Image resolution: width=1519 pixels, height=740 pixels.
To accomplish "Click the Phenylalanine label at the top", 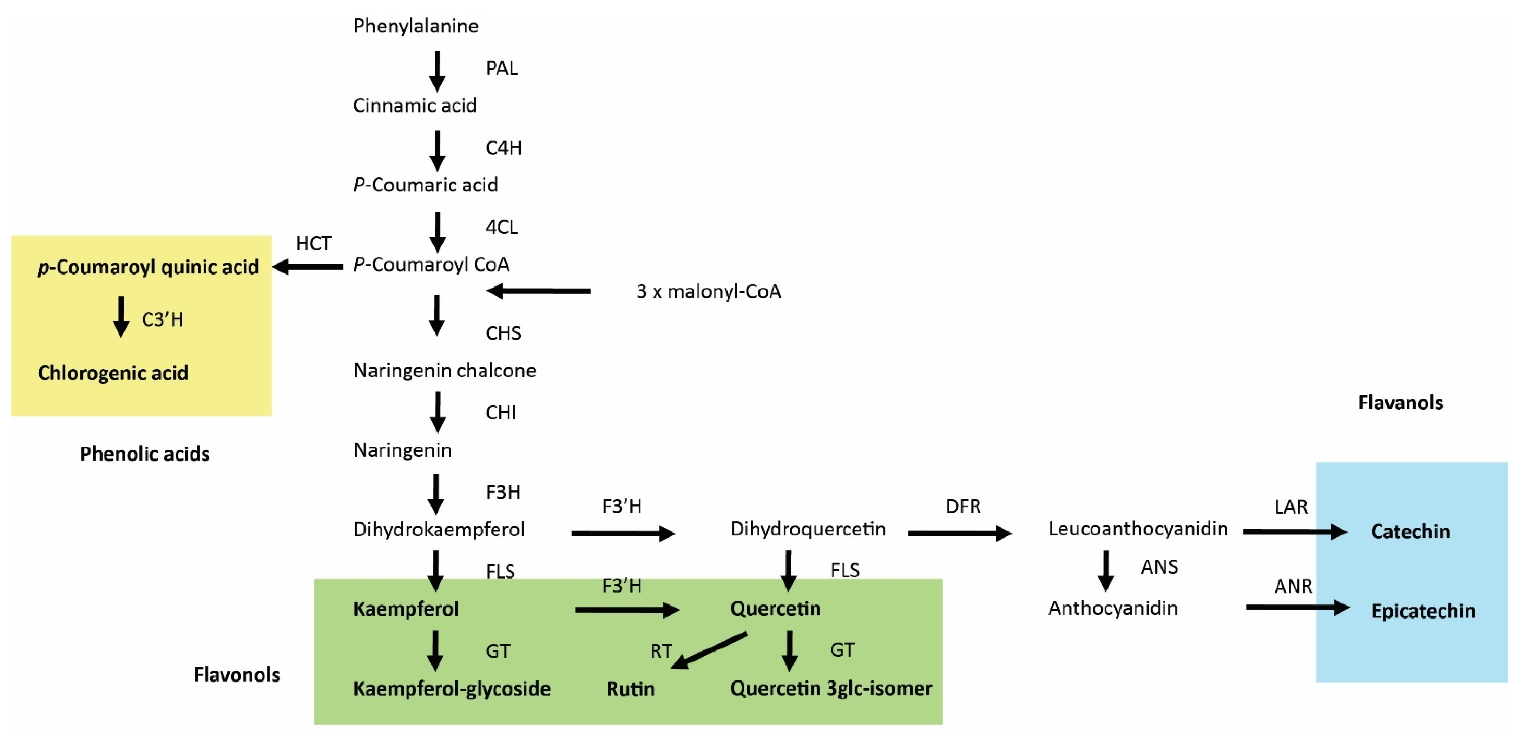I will pyautogui.click(x=416, y=26).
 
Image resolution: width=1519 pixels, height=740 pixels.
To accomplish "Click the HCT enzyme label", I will pyautogui.click(x=314, y=244).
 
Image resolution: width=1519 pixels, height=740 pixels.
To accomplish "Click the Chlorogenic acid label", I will pyautogui.click(x=113, y=373).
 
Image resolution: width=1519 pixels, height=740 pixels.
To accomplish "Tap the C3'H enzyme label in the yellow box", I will pyautogui.click(x=162, y=319).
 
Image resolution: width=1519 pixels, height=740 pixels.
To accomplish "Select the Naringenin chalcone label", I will pyautogui.click(x=445, y=370).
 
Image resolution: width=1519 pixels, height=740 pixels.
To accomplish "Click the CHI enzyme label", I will pyautogui.click(x=501, y=413).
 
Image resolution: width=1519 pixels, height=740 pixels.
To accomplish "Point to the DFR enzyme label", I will pyautogui.click(x=963, y=506).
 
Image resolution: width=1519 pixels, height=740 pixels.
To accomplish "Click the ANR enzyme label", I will pyautogui.click(x=1293, y=586).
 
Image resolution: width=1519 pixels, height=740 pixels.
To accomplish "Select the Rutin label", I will pyautogui.click(x=630, y=689).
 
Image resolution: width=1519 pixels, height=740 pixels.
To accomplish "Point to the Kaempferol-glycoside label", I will pyautogui.click(x=452, y=689).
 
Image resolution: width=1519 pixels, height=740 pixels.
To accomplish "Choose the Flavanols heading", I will pyautogui.click(x=1400, y=403).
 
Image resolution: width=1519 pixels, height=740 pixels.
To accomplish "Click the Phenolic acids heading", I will pyautogui.click(x=144, y=454).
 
